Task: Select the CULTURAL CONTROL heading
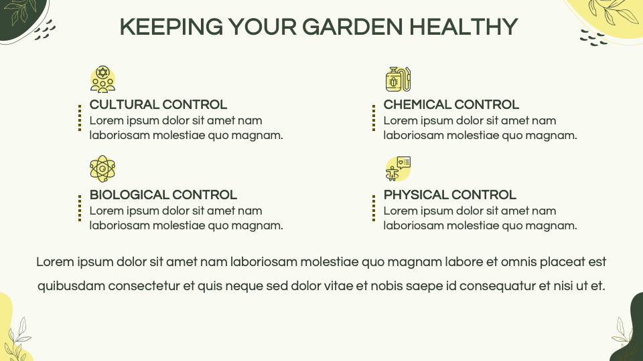pyautogui.click(x=158, y=105)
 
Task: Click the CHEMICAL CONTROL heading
pyautogui.click(x=451, y=105)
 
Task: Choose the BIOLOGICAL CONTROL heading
pyautogui.click(x=163, y=195)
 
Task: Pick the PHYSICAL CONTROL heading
pyautogui.click(x=449, y=195)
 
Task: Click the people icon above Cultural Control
pyautogui.click(x=102, y=79)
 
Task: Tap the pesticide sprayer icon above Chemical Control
pyautogui.click(x=398, y=79)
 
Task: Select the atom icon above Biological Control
pyautogui.click(x=102, y=168)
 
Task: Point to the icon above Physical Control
pyautogui.click(x=398, y=168)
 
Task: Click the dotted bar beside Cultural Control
pyautogui.click(x=80, y=118)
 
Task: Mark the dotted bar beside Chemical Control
pyautogui.click(x=374, y=118)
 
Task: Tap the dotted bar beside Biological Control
pyautogui.click(x=80, y=208)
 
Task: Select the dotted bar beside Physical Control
pyautogui.click(x=374, y=208)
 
